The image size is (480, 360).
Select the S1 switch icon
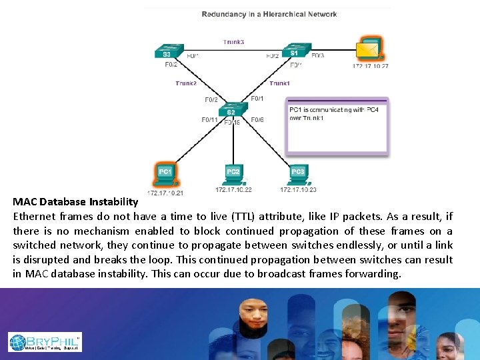click(x=293, y=51)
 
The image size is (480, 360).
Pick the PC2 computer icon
click(x=233, y=174)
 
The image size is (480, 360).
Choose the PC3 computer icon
click(x=297, y=174)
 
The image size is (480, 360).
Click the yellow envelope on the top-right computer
click(x=366, y=49)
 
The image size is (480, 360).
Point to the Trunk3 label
click(x=233, y=42)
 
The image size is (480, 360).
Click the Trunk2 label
click(x=186, y=83)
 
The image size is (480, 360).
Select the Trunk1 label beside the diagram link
click(x=279, y=83)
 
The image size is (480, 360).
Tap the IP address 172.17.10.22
click(x=233, y=190)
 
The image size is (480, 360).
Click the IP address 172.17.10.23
click(x=298, y=190)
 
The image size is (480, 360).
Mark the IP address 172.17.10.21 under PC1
click(x=165, y=193)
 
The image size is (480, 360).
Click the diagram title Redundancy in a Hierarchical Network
click(x=269, y=14)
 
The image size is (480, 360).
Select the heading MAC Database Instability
click(x=75, y=201)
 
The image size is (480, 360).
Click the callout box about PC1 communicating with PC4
click(x=337, y=127)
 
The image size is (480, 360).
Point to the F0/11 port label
click(x=209, y=120)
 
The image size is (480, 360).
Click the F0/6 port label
click(x=257, y=120)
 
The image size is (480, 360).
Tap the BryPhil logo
click(x=45, y=342)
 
